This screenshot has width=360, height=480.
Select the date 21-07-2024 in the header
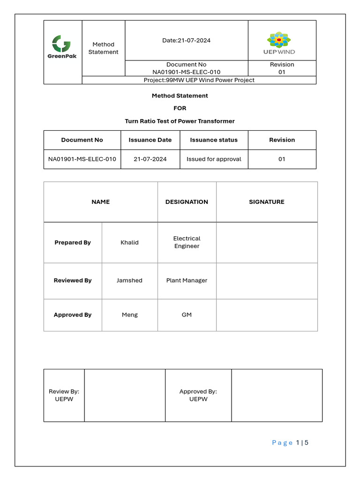click(186, 40)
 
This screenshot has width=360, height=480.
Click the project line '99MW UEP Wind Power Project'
click(199, 80)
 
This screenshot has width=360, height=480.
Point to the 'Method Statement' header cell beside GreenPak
click(103, 48)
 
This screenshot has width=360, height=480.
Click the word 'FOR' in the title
click(180, 108)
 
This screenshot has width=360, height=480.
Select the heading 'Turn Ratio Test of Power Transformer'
click(180, 121)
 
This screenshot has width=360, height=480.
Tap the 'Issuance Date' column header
click(150, 140)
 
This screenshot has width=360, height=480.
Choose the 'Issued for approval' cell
click(214, 159)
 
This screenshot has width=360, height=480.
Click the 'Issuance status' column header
click(214, 140)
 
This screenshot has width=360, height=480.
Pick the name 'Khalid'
click(129, 242)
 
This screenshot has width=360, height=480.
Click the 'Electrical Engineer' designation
click(187, 242)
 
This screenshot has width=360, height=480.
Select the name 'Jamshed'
click(129, 280)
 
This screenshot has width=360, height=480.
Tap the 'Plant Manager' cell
click(187, 280)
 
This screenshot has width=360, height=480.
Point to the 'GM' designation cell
click(187, 315)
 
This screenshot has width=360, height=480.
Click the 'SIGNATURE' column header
click(266, 202)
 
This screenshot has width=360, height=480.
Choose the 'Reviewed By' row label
click(73, 280)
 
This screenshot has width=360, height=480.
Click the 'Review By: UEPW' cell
click(64, 395)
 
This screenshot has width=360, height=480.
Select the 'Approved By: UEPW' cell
click(198, 395)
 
